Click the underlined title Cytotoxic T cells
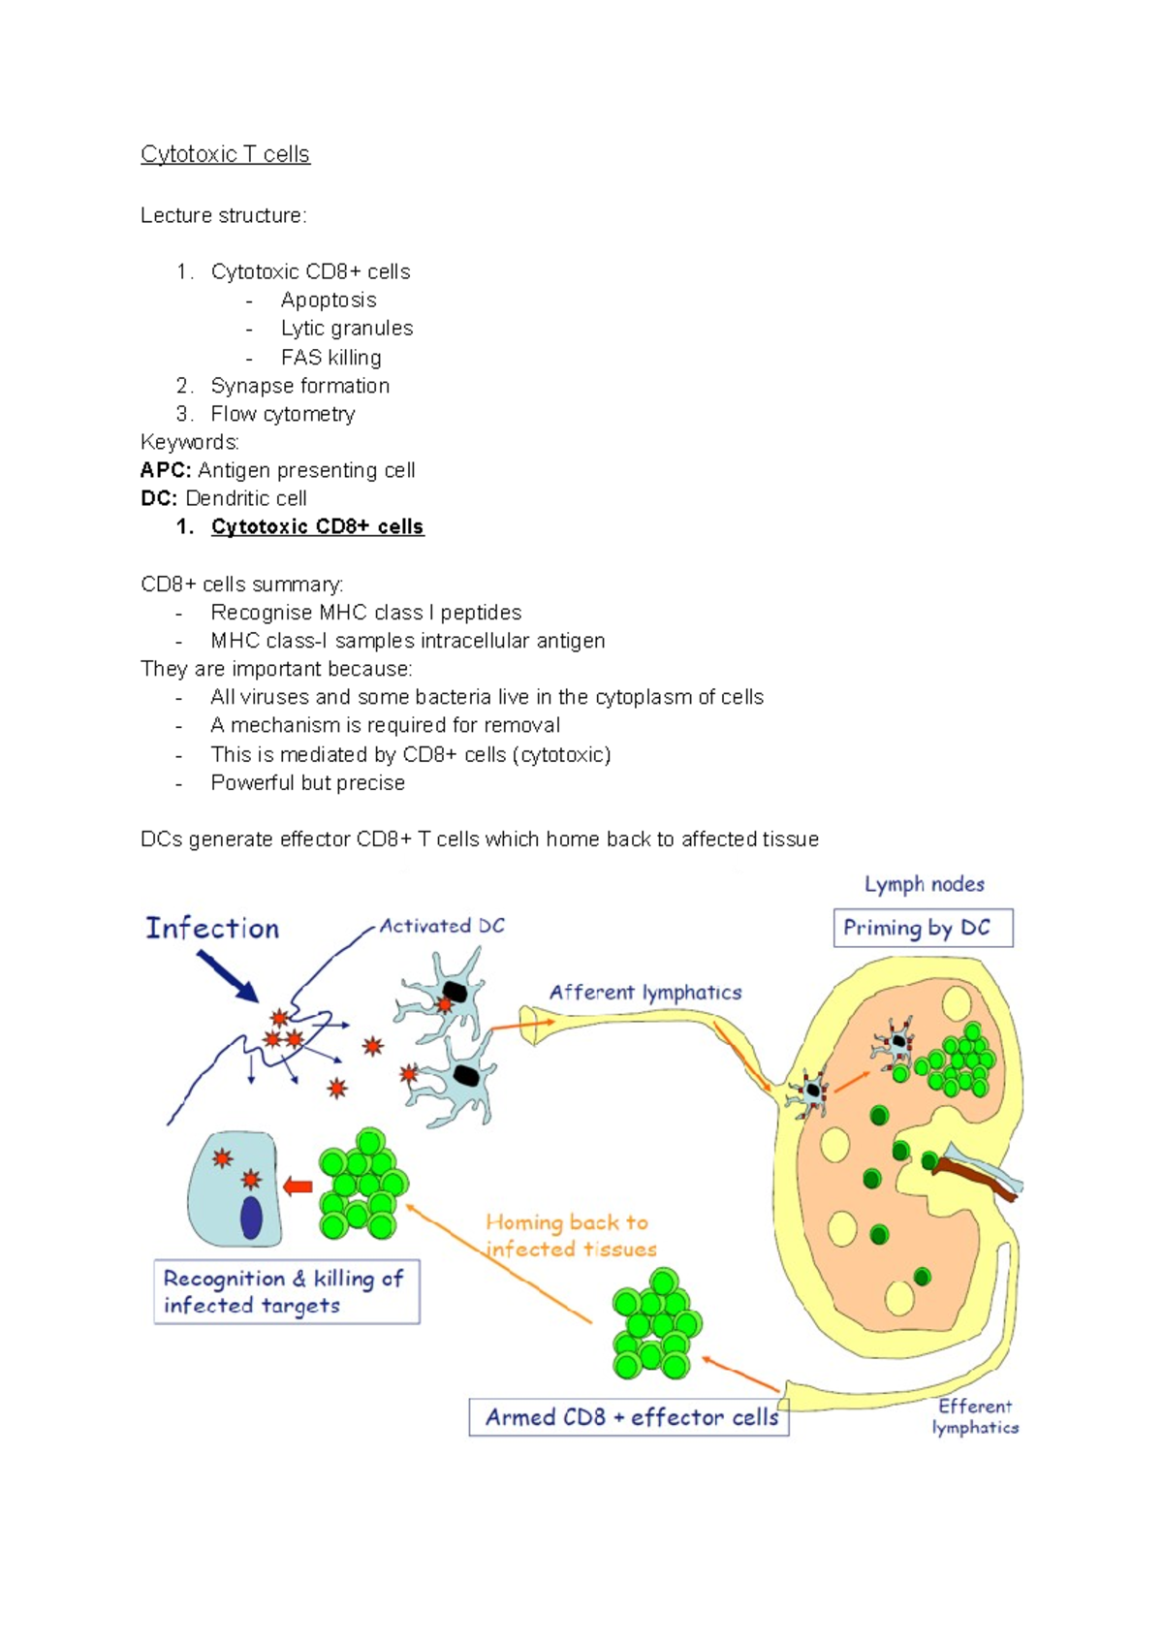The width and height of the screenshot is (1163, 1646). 225,154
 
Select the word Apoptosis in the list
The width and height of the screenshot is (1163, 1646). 329,300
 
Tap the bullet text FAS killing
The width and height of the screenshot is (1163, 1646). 330,357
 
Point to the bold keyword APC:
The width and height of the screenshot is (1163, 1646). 166,470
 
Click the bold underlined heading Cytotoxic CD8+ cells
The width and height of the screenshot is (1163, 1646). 317,526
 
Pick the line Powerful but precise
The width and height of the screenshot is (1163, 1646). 307,782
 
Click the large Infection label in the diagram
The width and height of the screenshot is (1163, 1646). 212,929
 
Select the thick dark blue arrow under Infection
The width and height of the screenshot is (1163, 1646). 227,975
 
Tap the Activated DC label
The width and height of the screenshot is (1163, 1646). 442,926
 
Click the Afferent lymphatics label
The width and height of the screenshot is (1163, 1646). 645,992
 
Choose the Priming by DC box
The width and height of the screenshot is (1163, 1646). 923,928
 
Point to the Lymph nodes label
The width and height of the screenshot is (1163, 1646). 925,884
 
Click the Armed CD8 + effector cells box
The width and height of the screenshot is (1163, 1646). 629,1417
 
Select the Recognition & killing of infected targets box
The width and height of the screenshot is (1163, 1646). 286,1292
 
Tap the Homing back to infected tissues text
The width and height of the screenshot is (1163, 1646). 570,1236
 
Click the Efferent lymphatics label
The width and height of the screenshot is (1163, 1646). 975,1416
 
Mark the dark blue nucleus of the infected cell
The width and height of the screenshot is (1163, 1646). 251,1218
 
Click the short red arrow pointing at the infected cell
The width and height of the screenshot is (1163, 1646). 298,1187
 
